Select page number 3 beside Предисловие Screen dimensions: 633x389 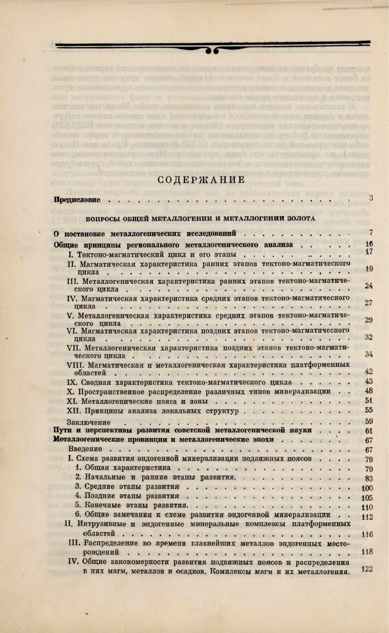pos(371,198)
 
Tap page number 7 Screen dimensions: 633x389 pos(371,232)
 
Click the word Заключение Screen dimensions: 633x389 pos(88,422)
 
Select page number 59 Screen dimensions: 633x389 pos(368,421)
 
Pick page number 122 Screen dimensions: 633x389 pos(367,569)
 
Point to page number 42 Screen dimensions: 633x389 pos(368,371)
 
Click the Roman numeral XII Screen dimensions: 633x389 pos(73,410)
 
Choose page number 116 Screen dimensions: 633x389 pos(367,534)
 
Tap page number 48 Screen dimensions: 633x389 pos(368,391)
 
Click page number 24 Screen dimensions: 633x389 pos(368,285)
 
